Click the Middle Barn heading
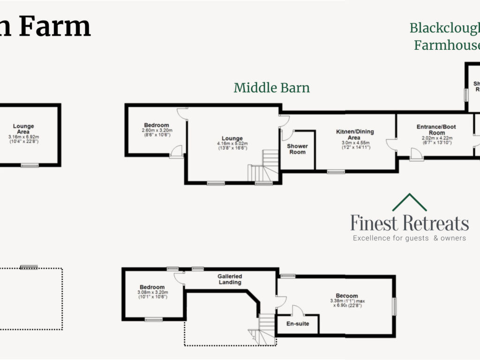271,88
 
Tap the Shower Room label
297,149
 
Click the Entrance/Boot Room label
436,130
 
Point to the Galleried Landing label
230,279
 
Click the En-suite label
298,324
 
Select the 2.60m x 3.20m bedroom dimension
156,130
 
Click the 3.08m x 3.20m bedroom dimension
152,292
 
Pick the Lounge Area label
23,129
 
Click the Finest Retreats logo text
410,224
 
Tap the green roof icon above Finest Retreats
409,202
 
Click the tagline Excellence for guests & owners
409,238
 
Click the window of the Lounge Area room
30,165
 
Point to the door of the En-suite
296,310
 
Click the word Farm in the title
55,27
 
